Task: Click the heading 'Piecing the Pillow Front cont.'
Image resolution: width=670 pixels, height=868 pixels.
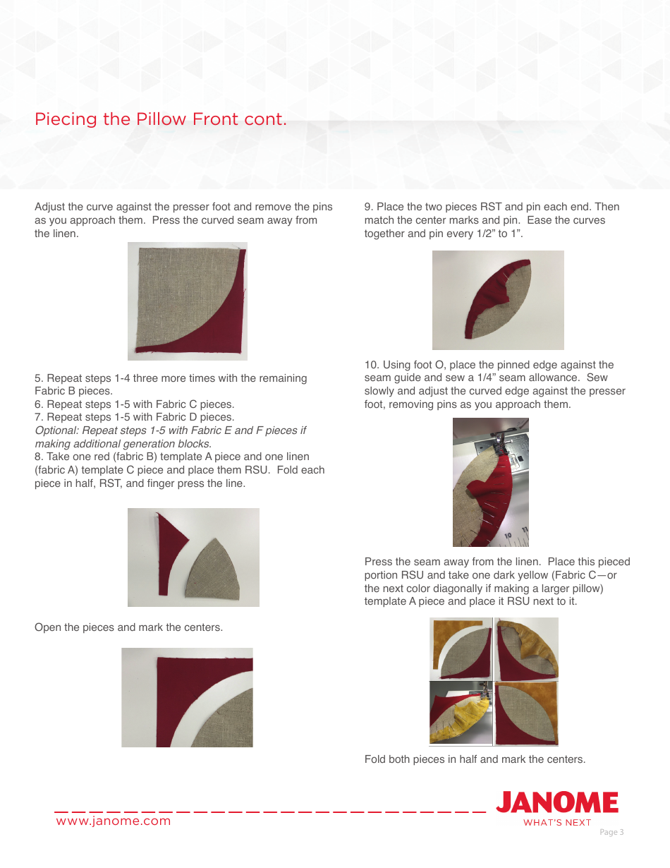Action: point(161,119)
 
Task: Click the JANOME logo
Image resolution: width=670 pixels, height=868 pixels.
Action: point(556,803)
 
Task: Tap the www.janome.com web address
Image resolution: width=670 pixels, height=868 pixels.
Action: point(114,821)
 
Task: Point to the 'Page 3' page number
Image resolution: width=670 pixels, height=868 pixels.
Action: point(611,832)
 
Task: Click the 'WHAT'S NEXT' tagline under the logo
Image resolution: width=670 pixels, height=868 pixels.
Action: point(557,822)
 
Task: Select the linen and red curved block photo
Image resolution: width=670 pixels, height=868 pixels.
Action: point(188,301)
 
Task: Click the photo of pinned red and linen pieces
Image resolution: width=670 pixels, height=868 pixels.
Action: point(498,300)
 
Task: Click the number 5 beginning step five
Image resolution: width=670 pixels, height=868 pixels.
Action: point(38,378)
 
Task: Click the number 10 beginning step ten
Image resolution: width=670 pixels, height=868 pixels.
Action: point(371,365)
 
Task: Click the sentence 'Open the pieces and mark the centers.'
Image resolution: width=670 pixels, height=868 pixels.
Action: point(129,627)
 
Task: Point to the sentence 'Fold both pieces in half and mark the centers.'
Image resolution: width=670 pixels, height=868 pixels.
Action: point(475,759)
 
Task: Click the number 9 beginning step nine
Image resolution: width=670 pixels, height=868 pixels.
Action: point(368,207)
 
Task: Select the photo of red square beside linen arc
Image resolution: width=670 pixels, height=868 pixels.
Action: point(187,697)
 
